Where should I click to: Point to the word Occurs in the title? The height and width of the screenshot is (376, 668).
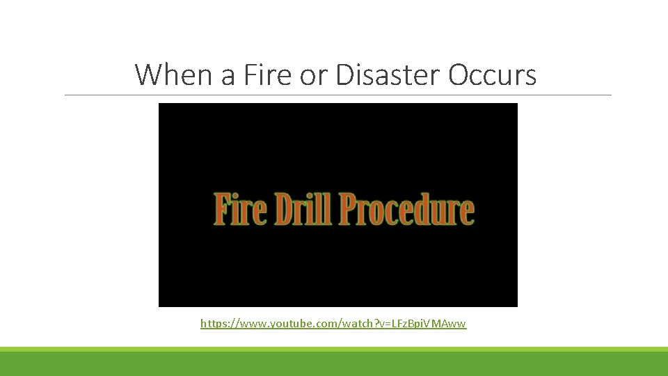pyautogui.click(x=493, y=75)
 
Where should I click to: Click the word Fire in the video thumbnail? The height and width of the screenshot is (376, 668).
pyautogui.click(x=236, y=210)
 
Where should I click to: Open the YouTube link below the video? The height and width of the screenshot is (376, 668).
pyautogui.click(x=333, y=324)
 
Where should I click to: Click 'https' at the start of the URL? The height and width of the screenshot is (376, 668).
pyautogui.click(x=213, y=324)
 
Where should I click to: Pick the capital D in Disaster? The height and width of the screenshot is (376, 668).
pyautogui.click(x=345, y=75)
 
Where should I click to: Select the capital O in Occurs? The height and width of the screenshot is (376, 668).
pyautogui.click(x=459, y=75)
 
